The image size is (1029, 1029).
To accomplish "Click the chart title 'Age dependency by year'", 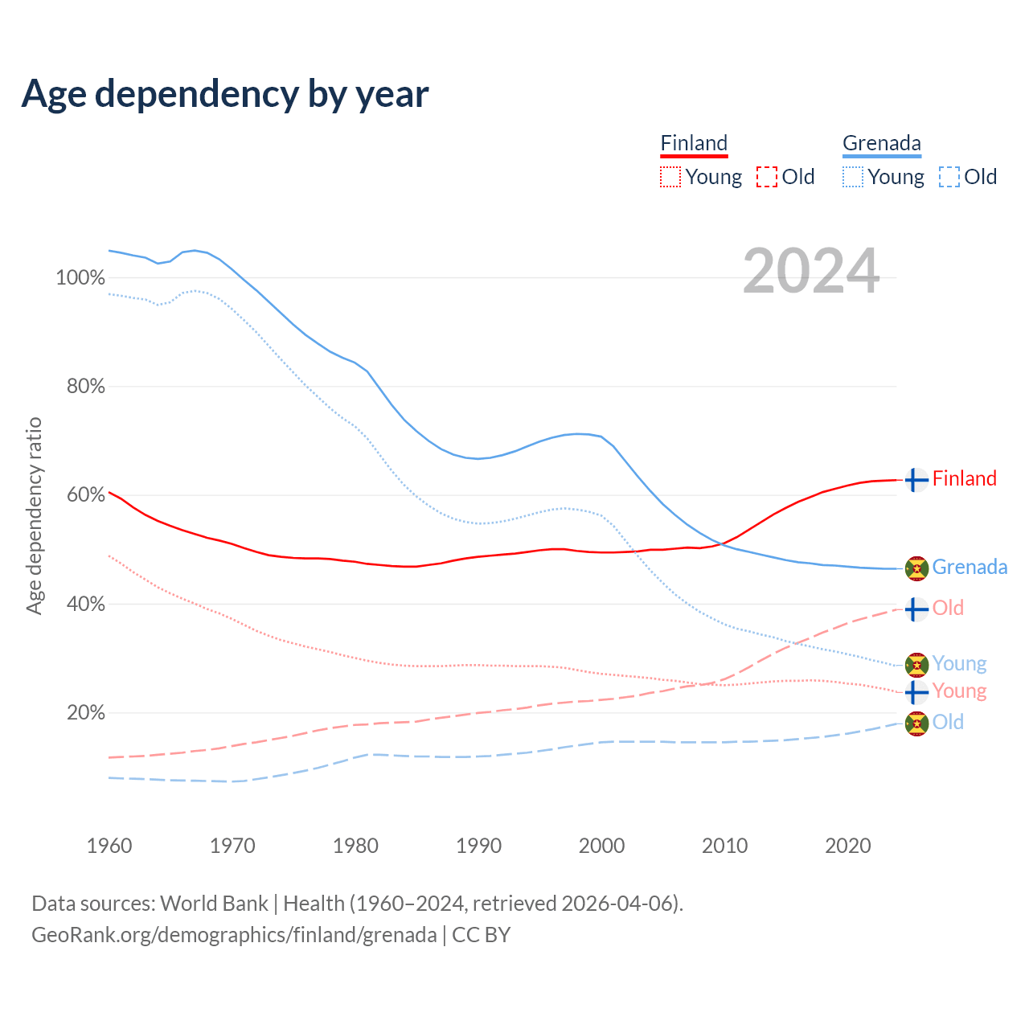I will click(225, 94).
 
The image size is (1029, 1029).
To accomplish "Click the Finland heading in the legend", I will click(694, 144).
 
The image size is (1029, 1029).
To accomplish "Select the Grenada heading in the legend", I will click(881, 144).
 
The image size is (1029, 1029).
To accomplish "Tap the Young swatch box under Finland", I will click(670, 177).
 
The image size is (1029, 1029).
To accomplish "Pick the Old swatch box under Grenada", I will click(949, 177).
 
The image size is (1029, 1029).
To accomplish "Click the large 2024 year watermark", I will click(810, 271).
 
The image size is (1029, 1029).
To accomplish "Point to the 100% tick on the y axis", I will click(80, 278).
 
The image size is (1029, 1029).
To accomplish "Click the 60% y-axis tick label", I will click(85, 495).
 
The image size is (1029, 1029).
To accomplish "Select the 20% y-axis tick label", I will click(85, 713).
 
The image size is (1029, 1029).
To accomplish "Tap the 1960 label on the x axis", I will click(109, 846).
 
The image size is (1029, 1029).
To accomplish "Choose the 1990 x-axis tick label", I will click(479, 846).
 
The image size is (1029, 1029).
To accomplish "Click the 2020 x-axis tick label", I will click(848, 846).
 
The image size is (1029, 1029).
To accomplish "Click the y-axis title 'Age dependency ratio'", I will click(34, 515).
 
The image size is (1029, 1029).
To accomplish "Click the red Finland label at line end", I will click(964, 479).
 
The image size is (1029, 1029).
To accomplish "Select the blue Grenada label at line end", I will click(970, 568).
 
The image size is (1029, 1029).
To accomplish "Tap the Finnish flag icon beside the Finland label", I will click(916, 480).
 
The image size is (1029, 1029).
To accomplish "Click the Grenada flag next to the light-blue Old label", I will click(916, 724).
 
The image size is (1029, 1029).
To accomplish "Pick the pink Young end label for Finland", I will click(959, 691).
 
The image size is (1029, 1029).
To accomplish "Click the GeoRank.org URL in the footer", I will click(234, 935).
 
